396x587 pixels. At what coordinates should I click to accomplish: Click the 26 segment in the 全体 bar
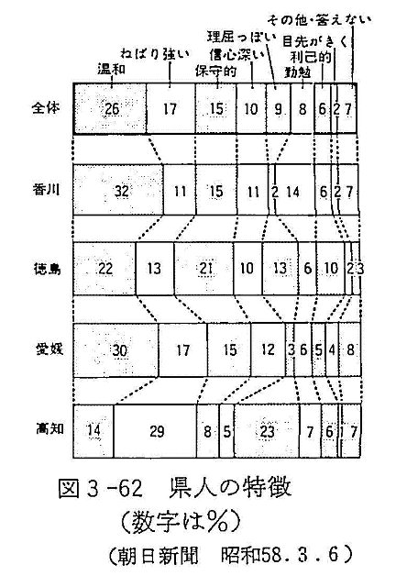110,108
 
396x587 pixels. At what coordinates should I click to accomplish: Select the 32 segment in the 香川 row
118,190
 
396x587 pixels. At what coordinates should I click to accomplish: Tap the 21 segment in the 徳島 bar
203,269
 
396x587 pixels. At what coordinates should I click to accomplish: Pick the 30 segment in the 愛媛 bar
116,350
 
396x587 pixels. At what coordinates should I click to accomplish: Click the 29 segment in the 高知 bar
155,431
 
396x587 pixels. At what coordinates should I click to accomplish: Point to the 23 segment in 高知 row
267,431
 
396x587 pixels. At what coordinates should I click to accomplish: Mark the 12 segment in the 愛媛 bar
268,350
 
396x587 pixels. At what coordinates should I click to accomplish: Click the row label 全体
46,108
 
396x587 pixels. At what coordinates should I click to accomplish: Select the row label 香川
46,190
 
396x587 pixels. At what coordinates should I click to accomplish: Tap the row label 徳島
47,269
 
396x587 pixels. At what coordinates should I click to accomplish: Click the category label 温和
111,69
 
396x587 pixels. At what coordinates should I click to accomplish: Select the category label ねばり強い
155,54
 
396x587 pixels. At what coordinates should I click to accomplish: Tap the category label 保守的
216,71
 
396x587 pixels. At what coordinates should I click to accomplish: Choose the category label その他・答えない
319,20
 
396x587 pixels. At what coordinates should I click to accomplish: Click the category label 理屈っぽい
241,38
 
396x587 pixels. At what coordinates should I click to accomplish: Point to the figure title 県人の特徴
230,488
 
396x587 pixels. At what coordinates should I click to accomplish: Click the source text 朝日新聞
158,555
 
